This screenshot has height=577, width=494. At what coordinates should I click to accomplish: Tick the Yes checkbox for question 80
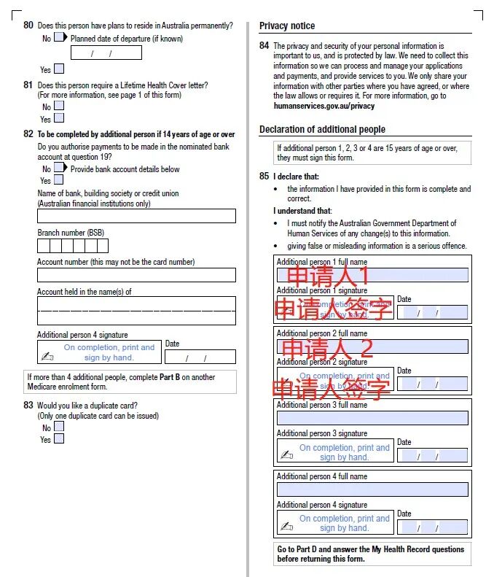click(x=59, y=69)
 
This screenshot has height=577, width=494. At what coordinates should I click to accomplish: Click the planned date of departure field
click(x=106, y=53)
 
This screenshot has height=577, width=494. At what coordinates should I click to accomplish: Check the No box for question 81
click(x=59, y=107)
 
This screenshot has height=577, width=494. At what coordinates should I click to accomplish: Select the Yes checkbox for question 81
click(x=59, y=118)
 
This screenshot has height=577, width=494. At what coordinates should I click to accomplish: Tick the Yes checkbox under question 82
click(x=59, y=179)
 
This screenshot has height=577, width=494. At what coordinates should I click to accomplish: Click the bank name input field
click(x=136, y=216)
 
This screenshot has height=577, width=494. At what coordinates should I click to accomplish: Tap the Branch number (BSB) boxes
click(x=73, y=246)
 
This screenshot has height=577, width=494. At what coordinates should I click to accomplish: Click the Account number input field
click(x=136, y=275)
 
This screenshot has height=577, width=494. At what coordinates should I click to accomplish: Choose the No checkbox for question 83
click(x=59, y=427)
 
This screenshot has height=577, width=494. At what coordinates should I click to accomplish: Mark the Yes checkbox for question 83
click(x=59, y=439)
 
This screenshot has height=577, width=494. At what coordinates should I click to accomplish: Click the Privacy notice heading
click(x=287, y=26)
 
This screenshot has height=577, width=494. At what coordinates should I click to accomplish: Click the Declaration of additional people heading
click(x=322, y=130)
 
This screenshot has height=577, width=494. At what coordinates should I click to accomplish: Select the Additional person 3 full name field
click(x=372, y=418)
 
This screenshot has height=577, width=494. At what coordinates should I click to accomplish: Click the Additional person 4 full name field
click(x=372, y=489)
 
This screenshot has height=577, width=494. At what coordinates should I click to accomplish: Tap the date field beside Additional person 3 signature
click(x=432, y=455)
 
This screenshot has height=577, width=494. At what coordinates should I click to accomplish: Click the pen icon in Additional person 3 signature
click(x=287, y=454)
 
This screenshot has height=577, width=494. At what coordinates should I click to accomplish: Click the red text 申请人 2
click(x=327, y=347)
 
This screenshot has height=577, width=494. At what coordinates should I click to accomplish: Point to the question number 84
click(x=264, y=45)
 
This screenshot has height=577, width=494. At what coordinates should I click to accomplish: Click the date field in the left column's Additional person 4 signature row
click(x=200, y=357)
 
